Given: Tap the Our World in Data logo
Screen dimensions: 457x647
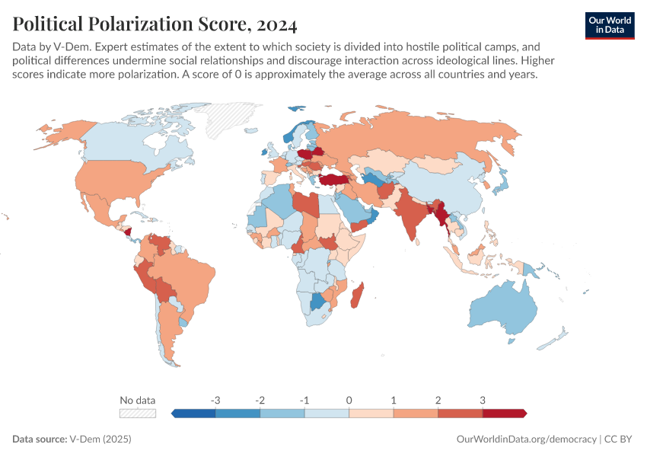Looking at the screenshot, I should click(x=609, y=24).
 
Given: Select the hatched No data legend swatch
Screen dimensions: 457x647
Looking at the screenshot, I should click(x=138, y=413).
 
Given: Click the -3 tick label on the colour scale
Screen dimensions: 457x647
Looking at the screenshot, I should click(x=216, y=400).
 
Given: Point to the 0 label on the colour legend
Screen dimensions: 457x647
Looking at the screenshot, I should click(x=349, y=400).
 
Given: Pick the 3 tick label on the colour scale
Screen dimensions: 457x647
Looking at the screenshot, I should click(x=483, y=400).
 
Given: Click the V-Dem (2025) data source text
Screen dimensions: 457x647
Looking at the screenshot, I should click(x=100, y=439).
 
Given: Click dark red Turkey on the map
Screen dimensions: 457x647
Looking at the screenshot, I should click(x=333, y=179).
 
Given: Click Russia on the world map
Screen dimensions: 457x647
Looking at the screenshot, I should click(x=426, y=137).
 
